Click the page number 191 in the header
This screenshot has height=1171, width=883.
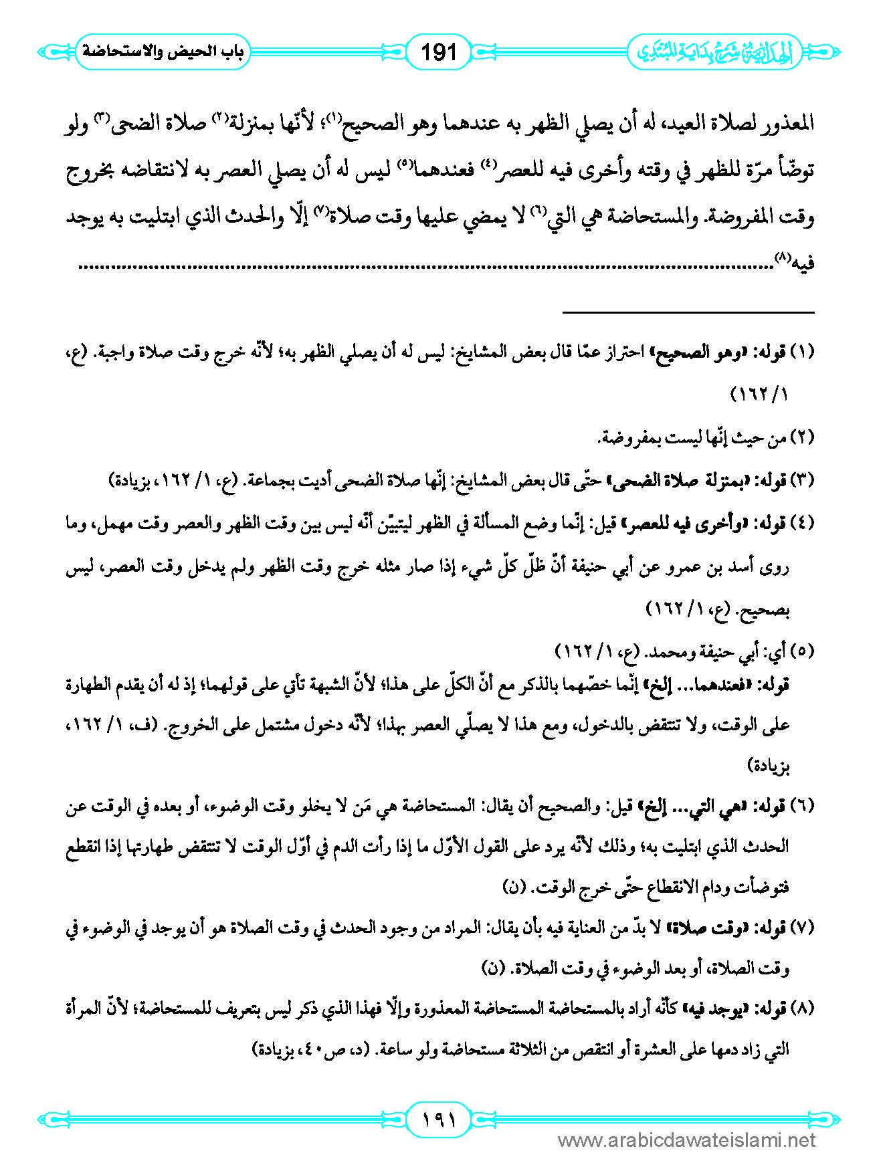[438, 51]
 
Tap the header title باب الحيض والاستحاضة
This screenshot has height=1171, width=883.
[163, 51]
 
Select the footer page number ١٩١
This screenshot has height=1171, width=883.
[439, 1119]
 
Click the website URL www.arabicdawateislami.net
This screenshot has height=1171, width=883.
[686, 1140]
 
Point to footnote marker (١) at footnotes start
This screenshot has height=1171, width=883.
[803, 352]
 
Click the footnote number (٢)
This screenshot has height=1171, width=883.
[803, 438]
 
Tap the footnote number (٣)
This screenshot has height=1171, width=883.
[803, 480]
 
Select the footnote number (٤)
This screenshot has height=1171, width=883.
[803, 524]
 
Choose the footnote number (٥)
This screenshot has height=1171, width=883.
[803, 651]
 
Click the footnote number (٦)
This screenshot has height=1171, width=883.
[803, 806]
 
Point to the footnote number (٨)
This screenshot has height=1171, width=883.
[803, 1009]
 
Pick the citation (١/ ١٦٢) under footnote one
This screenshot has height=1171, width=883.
[759, 395]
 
